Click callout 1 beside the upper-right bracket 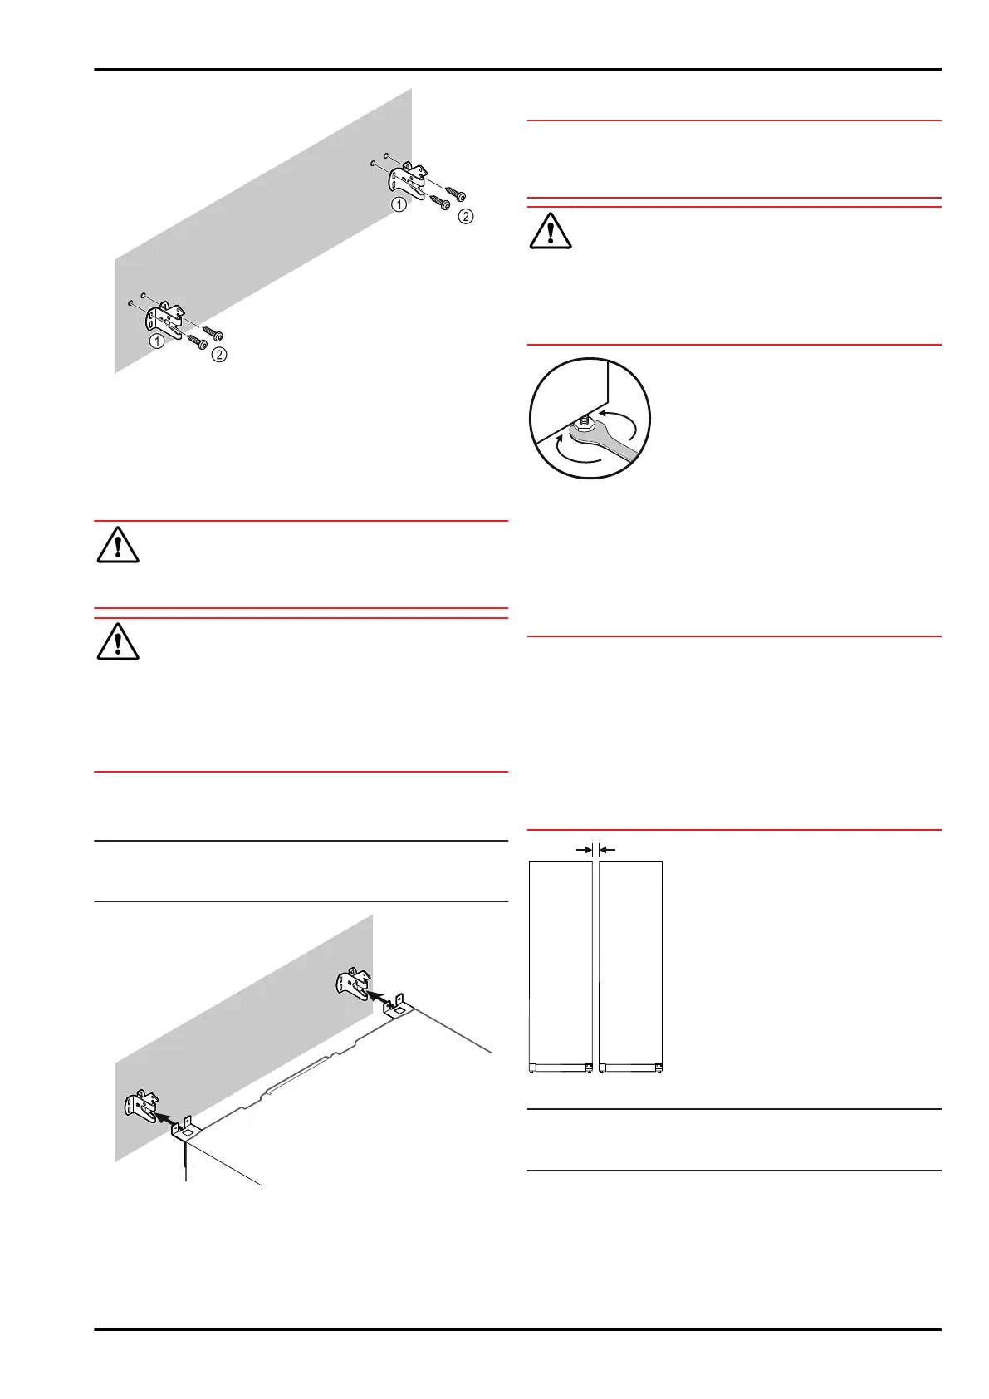(x=399, y=204)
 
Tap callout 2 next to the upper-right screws (x=466, y=216)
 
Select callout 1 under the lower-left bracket (x=156, y=341)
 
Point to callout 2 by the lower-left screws (x=219, y=355)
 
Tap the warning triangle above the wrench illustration (x=550, y=230)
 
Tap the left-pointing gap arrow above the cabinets (x=606, y=850)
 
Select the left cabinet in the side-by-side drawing (x=561, y=964)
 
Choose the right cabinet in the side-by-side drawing (x=630, y=964)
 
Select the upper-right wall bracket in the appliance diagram (x=353, y=984)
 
